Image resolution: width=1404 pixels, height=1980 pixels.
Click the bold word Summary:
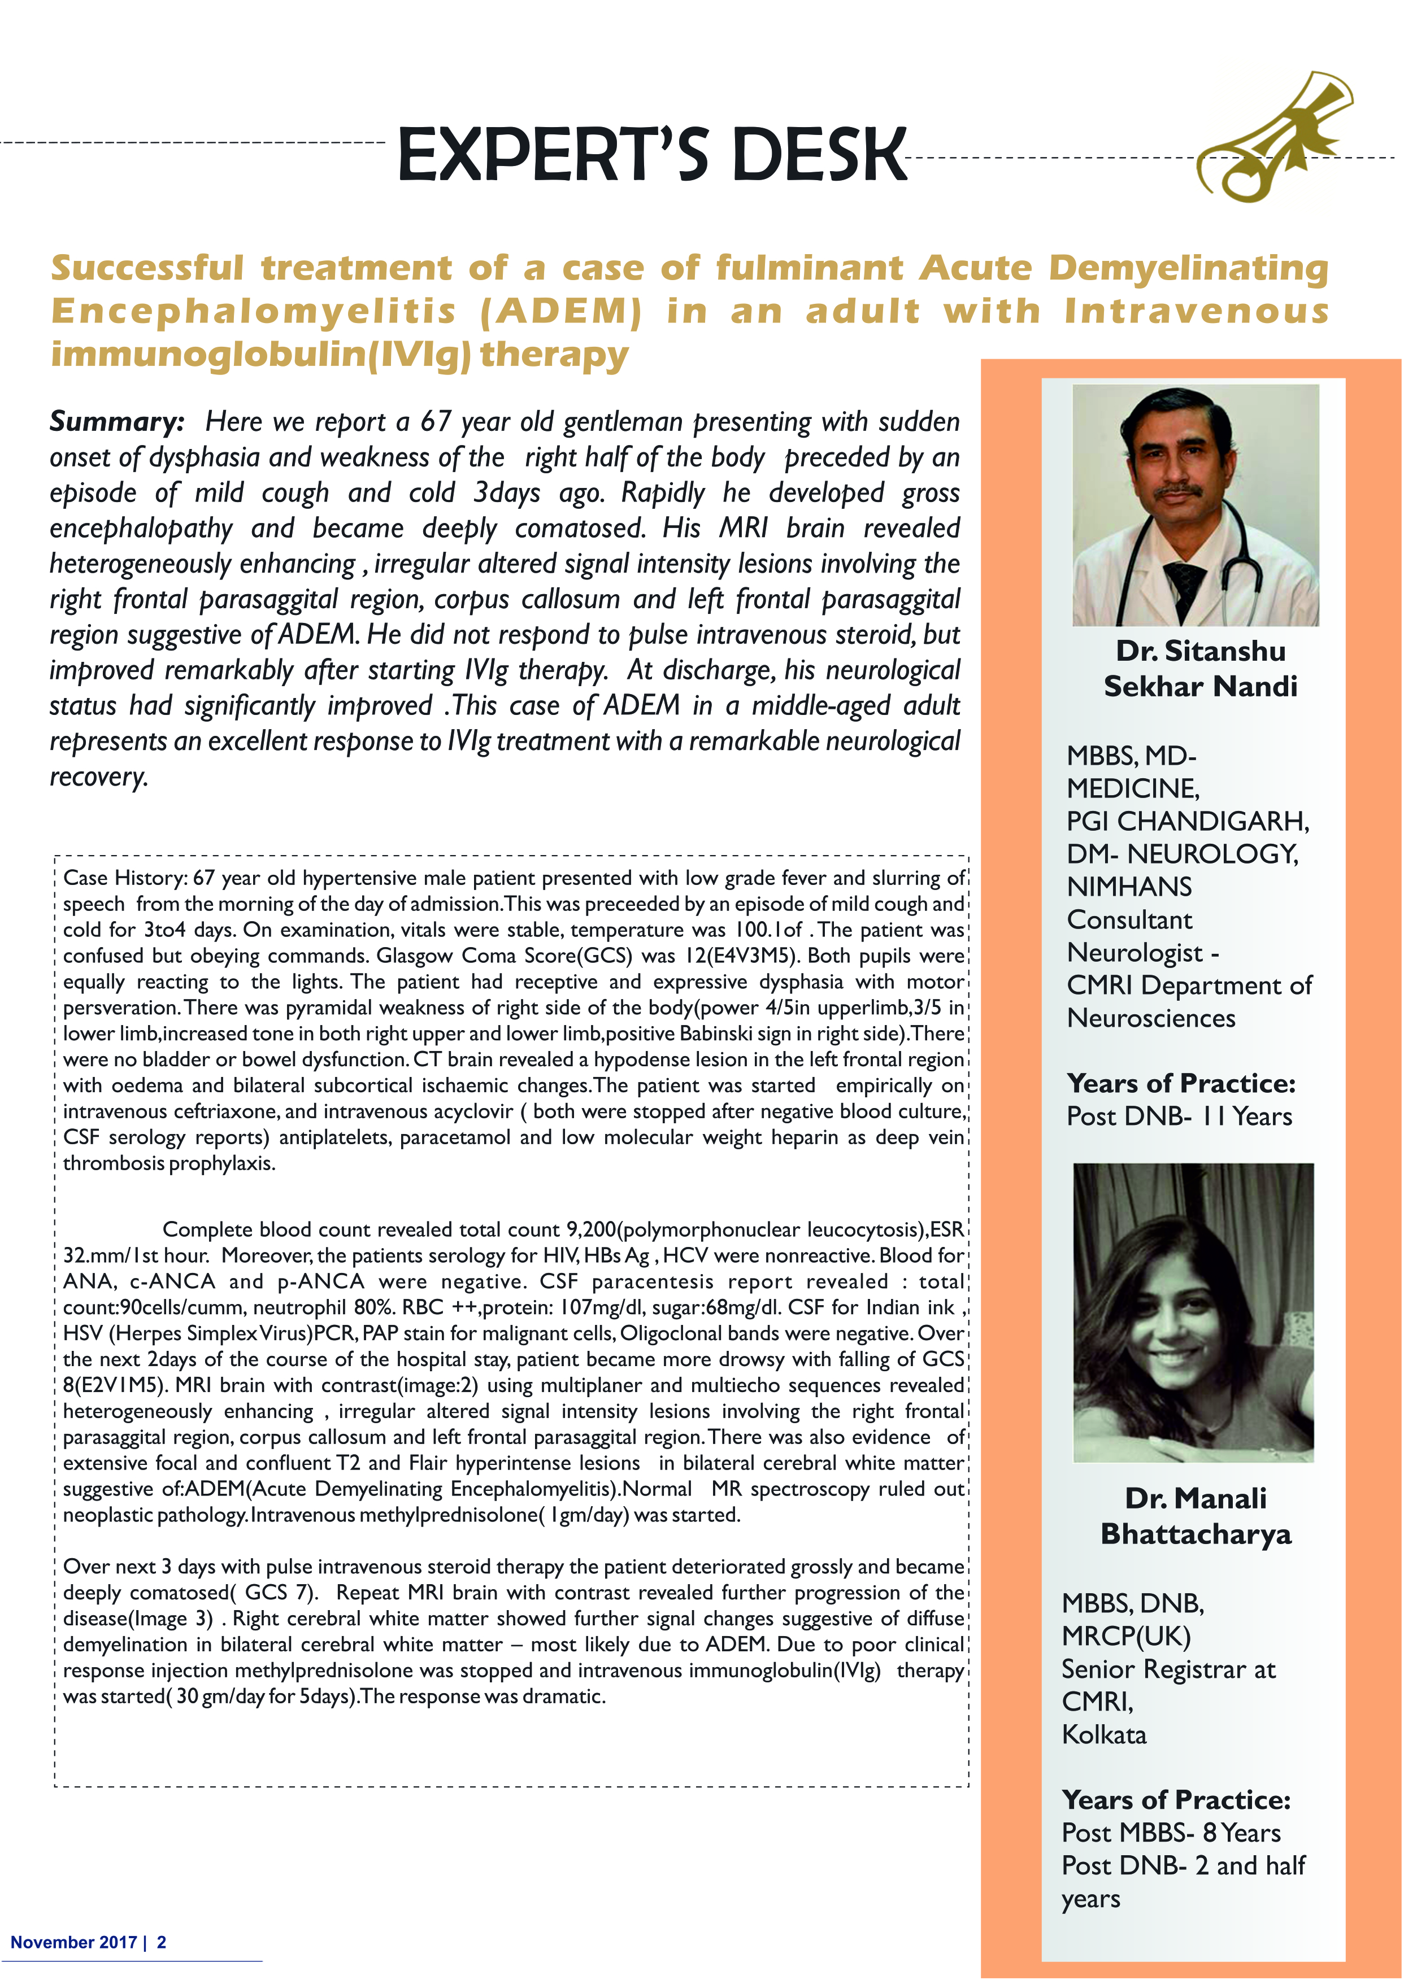pos(117,422)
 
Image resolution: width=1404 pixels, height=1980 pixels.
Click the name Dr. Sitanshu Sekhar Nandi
pos(1200,668)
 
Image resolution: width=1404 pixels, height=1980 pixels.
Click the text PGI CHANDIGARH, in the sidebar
pos(1188,820)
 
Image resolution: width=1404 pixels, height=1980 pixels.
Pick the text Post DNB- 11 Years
pos(1179,1116)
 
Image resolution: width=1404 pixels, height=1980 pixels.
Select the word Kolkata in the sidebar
pos(1104,1734)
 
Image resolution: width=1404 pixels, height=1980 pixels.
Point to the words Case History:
pos(124,878)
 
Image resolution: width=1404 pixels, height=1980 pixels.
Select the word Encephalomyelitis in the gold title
pos(253,311)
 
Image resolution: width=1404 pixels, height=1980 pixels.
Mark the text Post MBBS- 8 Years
pos(1171,1833)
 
